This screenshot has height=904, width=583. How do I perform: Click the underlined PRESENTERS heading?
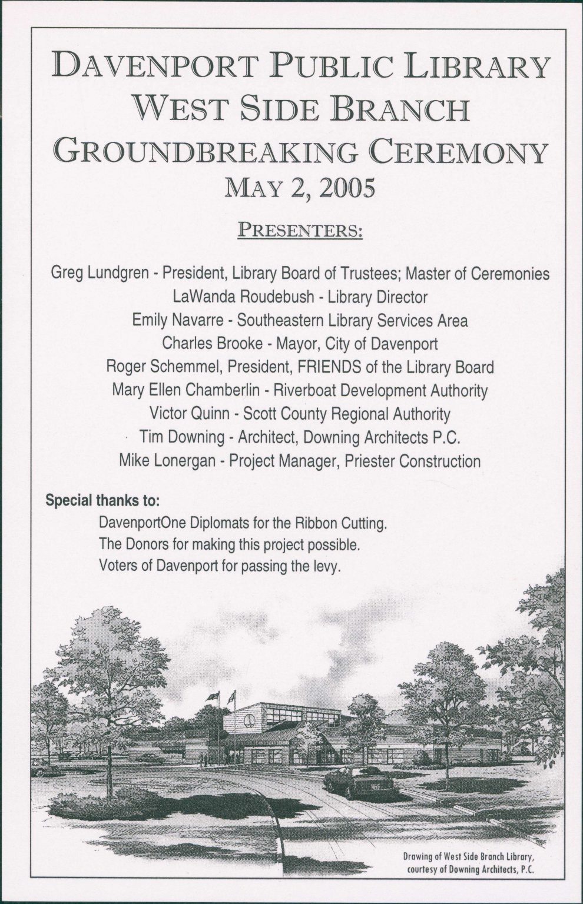click(x=299, y=229)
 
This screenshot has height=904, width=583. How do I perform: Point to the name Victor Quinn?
click(x=189, y=414)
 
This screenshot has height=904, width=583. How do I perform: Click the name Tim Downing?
click(x=181, y=437)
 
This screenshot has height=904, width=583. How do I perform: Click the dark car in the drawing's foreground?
click(x=361, y=781)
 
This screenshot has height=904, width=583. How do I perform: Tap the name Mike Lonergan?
click(x=167, y=461)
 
